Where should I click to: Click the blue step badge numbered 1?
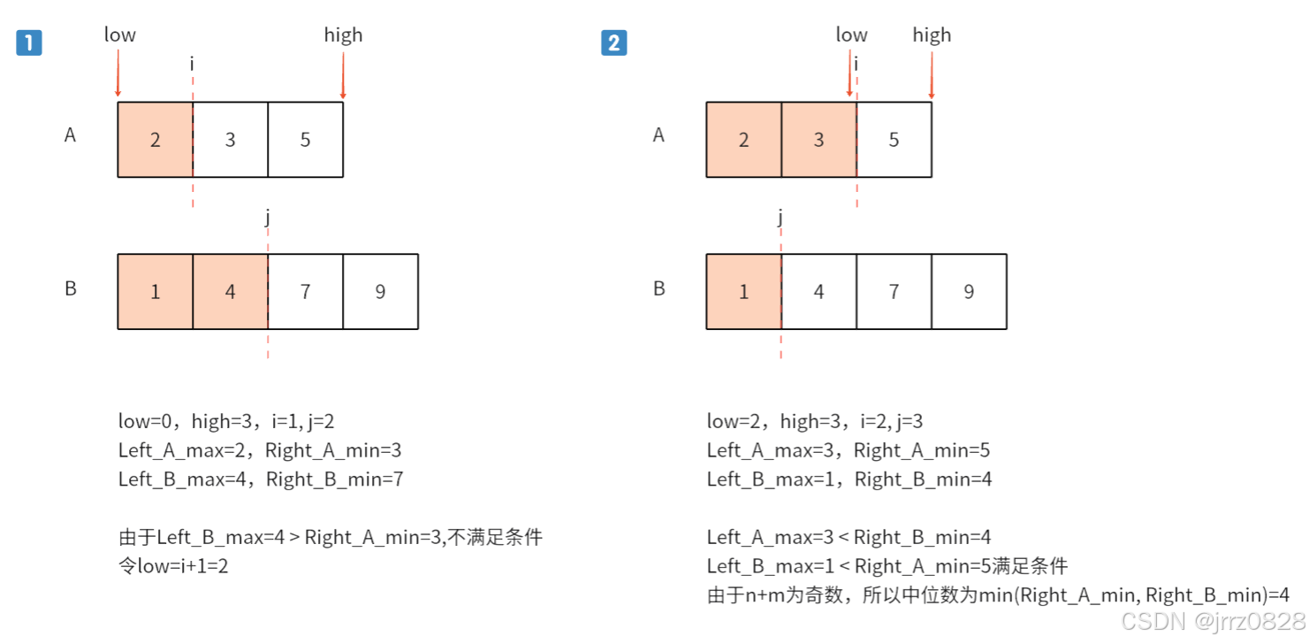click(x=29, y=42)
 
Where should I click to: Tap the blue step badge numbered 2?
click(x=613, y=42)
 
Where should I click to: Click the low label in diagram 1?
click(x=120, y=35)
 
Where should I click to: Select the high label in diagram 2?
click(x=932, y=35)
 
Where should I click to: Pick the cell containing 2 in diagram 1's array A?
click(x=155, y=140)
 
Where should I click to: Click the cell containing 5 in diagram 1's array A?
click(x=305, y=140)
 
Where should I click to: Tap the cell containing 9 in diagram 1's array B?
click(x=380, y=292)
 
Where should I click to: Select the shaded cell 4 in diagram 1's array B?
click(x=230, y=292)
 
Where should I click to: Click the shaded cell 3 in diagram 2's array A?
click(x=818, y=140)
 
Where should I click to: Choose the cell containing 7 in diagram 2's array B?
click(x=894, y=292)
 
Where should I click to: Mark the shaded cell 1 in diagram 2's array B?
click(x=743, y=292)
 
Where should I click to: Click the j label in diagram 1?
click(x=267, y=217)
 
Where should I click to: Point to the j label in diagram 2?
click(x=780, y=217)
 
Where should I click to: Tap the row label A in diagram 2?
click(x=658, y=136)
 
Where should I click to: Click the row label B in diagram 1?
click(x=71, y=288)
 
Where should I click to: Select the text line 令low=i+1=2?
click(x=173, y=566)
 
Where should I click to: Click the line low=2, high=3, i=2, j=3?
click(x=814, y=422)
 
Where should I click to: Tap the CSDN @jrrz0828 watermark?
click(x=1212, y=621)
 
